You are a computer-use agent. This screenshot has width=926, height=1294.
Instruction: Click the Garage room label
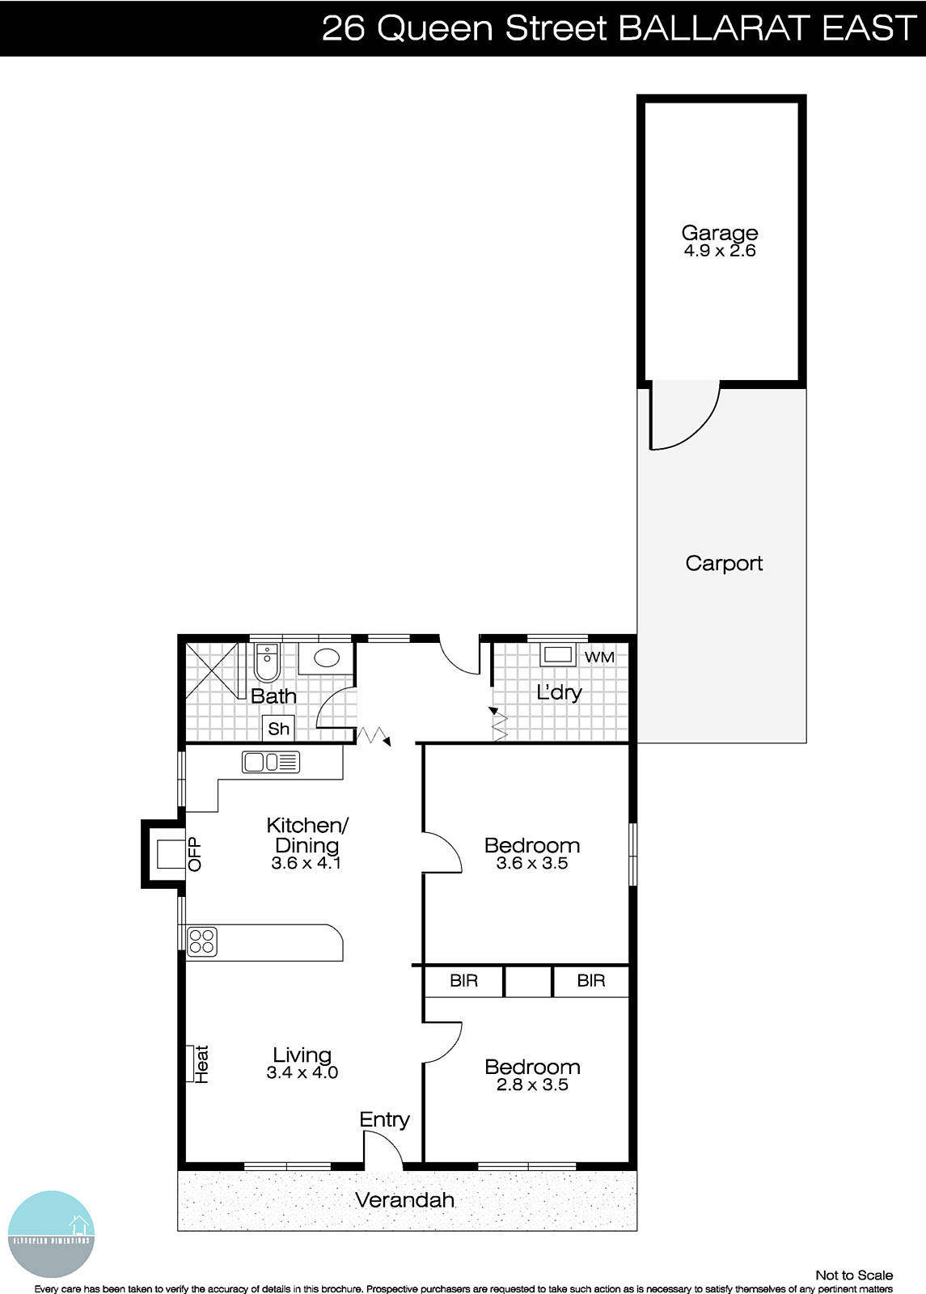(719, 233)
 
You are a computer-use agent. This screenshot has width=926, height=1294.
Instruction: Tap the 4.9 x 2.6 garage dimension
(719, 251)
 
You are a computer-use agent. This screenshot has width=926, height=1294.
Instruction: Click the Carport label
(724, 563)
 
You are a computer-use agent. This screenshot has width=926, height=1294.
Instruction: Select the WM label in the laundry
(599, 657)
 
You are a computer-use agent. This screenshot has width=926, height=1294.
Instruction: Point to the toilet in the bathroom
(267, 662)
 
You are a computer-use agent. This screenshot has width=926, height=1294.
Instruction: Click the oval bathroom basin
(327, 658)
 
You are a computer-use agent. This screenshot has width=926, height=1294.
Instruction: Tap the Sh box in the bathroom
(278, 729)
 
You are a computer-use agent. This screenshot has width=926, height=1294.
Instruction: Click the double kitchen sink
(270, 762)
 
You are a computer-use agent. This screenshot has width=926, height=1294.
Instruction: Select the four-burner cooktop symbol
(202, 941)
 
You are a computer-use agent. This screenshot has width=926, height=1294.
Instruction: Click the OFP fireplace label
(195, 854)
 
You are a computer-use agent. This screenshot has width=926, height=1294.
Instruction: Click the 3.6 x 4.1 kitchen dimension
(307, 863)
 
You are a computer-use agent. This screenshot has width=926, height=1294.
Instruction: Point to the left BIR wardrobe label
(464, 981)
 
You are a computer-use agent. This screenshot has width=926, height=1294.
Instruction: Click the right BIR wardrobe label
(591, 981)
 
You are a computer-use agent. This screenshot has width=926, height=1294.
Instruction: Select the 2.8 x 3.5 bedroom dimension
(532, 1085)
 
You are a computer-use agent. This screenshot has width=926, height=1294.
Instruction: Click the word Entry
(384, 1119)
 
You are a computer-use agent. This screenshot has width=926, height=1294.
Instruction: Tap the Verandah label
(404, 1200)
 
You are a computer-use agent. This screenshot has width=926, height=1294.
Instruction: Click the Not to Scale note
(854, 1275)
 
